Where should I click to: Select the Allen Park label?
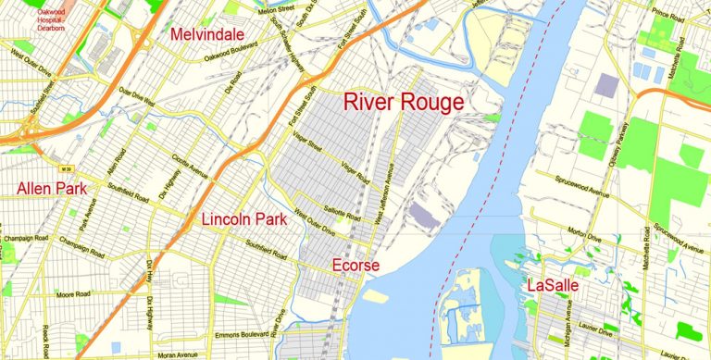pos(52,189)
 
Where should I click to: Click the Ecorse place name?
pos(356,267)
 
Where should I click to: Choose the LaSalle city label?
pos(553,286)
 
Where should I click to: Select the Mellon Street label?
pos(281,9)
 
